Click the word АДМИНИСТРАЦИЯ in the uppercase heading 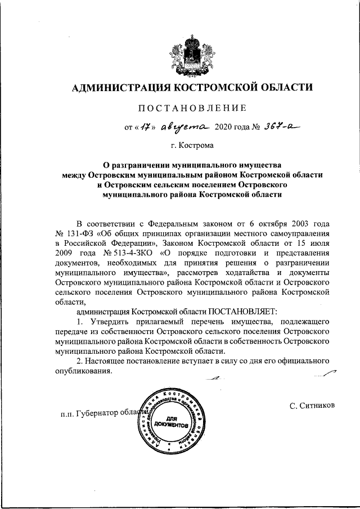(x=117, y=87)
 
